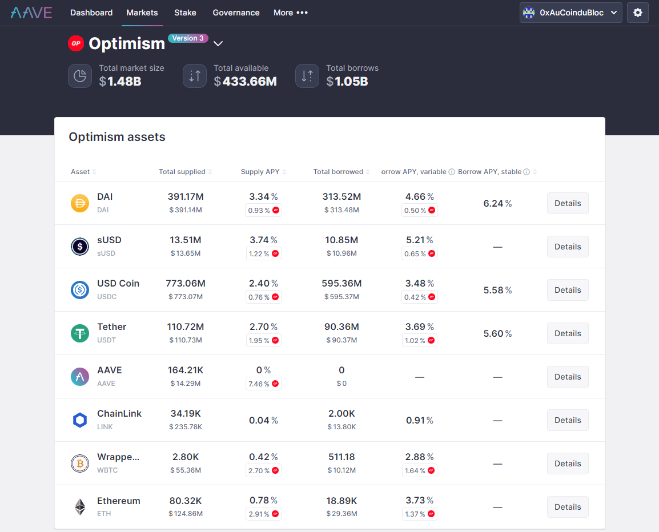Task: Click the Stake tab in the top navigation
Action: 185,13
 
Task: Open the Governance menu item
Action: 236,13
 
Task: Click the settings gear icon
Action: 637,13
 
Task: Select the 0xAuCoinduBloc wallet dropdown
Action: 570,13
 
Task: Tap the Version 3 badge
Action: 188,38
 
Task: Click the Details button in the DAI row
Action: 567,203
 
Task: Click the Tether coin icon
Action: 80,333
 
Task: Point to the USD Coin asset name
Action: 118,284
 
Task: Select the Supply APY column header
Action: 260,172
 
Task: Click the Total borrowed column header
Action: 338,172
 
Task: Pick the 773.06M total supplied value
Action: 186,284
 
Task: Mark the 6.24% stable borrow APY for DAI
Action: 497,203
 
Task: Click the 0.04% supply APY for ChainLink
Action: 263,420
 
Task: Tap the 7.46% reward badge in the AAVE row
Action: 263,384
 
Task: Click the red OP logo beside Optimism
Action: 76,43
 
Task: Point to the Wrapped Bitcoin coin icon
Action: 80,464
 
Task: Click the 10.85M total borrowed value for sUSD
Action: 341,240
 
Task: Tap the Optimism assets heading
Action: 117,137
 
